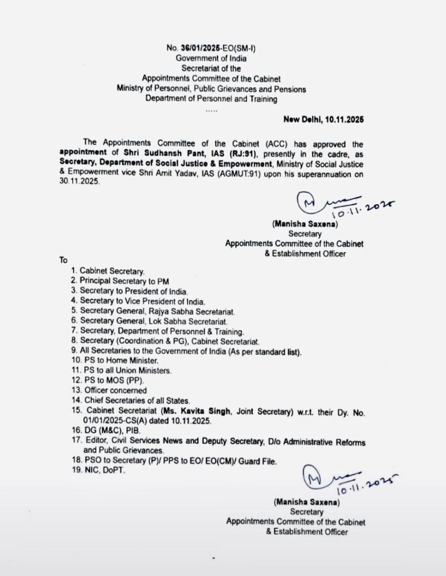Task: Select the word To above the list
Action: click(x=63, y=261)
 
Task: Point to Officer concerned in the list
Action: click(x=113, y=390)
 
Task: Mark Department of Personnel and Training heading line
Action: click(x=211, y=99)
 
